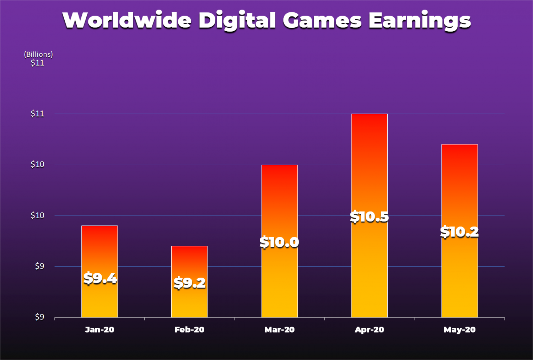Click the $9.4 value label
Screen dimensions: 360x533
click(x=100, y=278)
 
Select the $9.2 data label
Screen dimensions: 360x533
click(x=190, y=283)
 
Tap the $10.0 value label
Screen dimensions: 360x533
click(x=279, y=242)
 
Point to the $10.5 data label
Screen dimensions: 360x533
click(x=370, y=217)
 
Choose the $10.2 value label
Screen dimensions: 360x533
click(x=459, y=232)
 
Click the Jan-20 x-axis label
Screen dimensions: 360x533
click(x=99, y=330)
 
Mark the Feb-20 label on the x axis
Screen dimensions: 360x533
click(x=189, y=330)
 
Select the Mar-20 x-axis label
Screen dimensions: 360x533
click(x=280, y=330)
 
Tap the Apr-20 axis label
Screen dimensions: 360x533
click(x=370, y=330)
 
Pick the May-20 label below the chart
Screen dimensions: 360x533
click(x=459, y=330)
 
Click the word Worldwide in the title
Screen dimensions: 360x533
click(x=127, y=21)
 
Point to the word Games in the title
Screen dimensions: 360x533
click(x=322, y=21)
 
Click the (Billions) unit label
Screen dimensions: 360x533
click(x=38, y=54)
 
